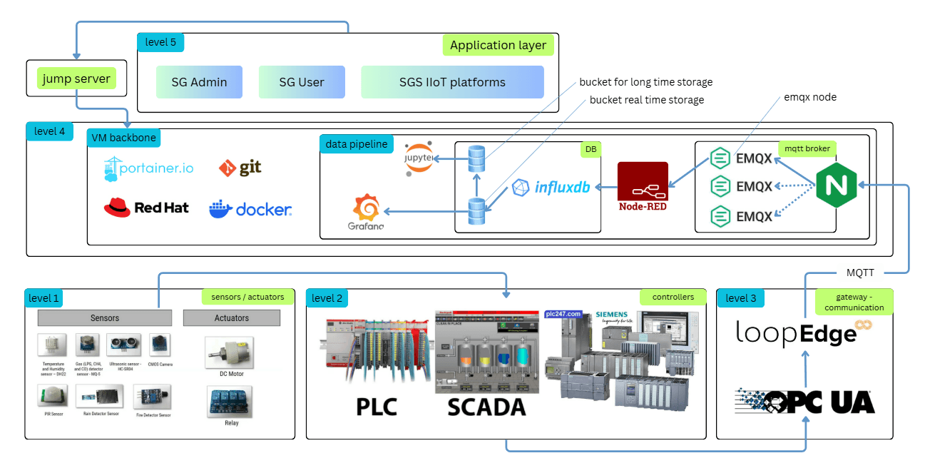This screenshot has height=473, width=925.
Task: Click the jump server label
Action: (76, 78)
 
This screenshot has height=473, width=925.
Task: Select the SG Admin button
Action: (199, 82)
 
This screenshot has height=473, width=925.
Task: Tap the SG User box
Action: (302, 82)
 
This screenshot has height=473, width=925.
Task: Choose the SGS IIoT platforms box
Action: (452, 82)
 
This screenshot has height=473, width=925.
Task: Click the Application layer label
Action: (498, 46)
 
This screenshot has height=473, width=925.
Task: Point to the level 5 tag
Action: (160, 42)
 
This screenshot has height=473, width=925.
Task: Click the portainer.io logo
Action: (148, 168)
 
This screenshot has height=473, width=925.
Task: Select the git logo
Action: (240, 168)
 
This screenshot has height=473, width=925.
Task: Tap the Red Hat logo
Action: (146, 208)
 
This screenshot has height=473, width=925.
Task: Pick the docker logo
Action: (250, 209)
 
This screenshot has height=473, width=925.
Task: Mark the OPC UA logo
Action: (804, 402)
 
